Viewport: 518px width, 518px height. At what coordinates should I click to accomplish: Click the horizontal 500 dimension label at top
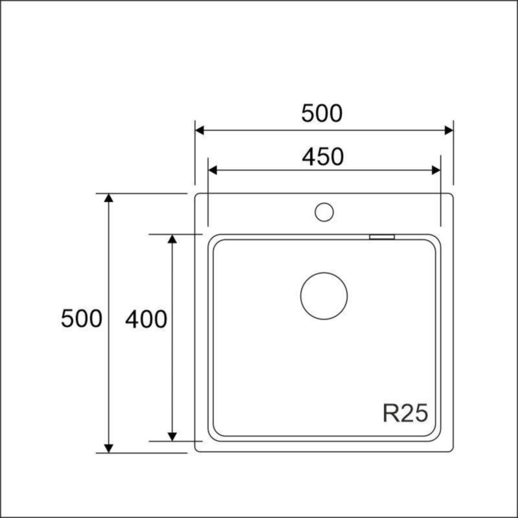[x=322, y=114]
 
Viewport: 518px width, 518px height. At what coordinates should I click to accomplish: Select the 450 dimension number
[x=323, y=157]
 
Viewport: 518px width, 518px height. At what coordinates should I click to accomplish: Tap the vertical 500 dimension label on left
[x=82, y=319]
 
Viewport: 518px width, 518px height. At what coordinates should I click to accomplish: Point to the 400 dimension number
[x=146, y=320]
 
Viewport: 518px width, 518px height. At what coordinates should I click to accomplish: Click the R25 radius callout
[x=405, y=413]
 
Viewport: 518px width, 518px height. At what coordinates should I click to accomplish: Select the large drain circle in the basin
[x=324, y=296]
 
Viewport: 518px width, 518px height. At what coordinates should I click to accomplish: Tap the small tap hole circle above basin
[x=324, y=212]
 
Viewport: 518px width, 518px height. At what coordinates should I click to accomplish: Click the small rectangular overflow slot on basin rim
[x=382, y=237]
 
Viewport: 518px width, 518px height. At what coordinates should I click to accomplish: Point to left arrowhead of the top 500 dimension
[x=199, y=130]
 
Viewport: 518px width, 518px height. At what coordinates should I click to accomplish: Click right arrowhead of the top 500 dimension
[x=449, y=130]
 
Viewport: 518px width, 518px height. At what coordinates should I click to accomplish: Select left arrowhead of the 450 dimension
[x=212, y=170]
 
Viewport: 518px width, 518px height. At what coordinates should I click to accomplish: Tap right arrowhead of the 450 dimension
[x=436, y=170]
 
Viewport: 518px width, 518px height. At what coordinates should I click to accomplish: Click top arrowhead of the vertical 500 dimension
[x=109, y=198]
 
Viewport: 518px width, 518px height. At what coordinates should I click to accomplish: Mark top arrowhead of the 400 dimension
[x=172, y=239]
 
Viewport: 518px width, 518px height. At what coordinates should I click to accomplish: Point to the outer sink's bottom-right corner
[x=451, y=450]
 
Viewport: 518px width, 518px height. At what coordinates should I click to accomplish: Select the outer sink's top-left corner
[x=197, y=196]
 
